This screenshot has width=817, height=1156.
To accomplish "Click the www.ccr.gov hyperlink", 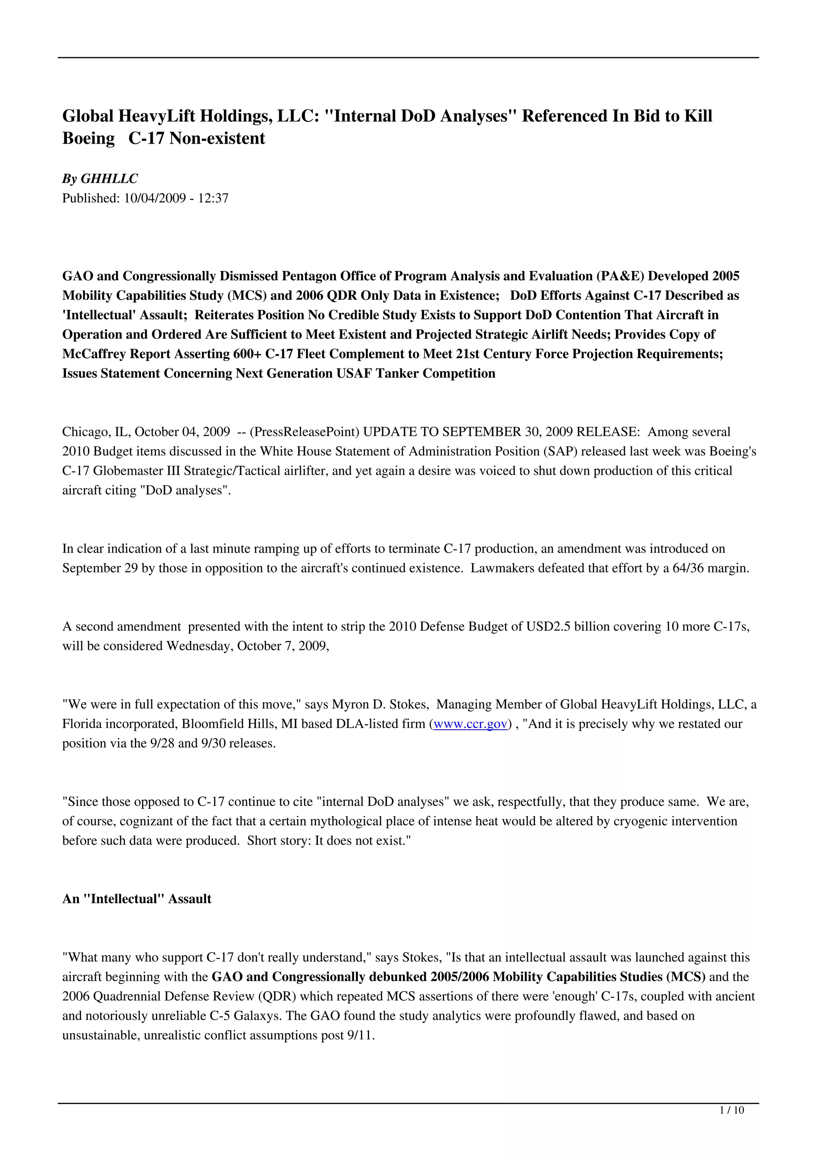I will pyautogui.click(x=470, y=724).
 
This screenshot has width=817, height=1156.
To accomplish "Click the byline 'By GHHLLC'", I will pyautogui.click(x=100, y=179).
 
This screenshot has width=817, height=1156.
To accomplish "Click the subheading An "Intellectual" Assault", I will pyautogui.click(x=136, y=899).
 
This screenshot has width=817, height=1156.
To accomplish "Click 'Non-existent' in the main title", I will pyautogui.click(x=217, y=139).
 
